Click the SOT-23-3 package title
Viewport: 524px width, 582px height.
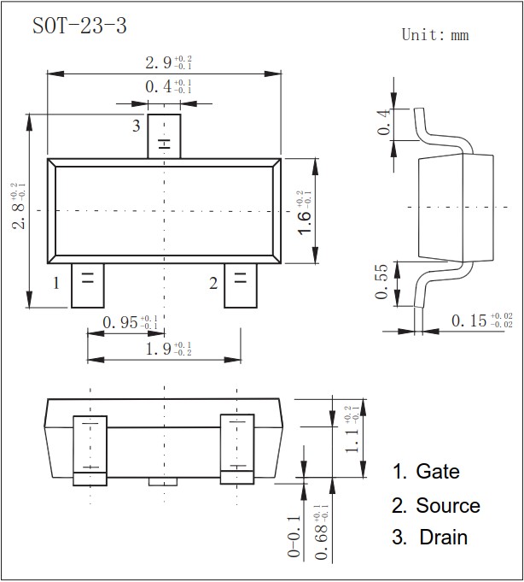[x=79, y=26]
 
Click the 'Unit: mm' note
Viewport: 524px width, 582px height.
[x=435, y=35]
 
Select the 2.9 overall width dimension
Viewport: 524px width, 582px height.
[x=167, y=63]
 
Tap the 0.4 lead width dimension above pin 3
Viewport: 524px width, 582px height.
[x=167, y=86]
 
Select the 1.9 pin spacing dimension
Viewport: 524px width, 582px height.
[x=167, y=348]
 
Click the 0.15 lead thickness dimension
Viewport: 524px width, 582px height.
[x=481, y=320]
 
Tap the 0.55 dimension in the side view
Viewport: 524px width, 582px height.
[x=381, y=282]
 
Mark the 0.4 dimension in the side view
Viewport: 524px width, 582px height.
[x=383, y=121]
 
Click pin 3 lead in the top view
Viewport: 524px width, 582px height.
[x=164, y=137]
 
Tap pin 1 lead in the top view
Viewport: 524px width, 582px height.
[x=87, y=285]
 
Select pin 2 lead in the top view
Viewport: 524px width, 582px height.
[x=240, y=285]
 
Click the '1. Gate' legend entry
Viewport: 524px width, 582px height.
[x=426, y=472]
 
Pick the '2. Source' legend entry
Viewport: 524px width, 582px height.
[x=436, y=506]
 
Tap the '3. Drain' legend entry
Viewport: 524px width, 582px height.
[x=430, y=538]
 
